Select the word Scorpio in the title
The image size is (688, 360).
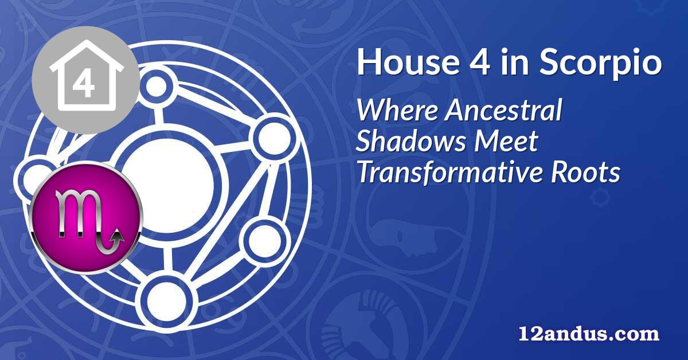coord(600,65)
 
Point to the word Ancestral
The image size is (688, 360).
coord(503,110)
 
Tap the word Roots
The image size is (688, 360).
coord(585,172)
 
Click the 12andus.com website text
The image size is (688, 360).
coord(589,334)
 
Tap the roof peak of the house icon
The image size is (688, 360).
coord(85,42)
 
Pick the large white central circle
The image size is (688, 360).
coord(167,185)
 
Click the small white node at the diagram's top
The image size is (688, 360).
coord(156,87)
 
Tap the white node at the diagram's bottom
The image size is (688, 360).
coord(166,301)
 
